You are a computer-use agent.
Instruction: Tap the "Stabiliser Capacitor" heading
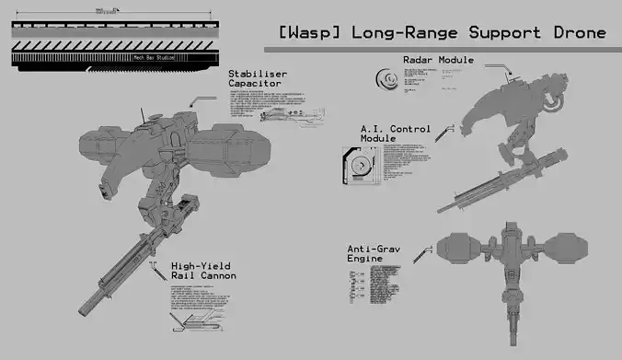point(258,79)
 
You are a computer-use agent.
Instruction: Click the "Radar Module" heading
point(438,61)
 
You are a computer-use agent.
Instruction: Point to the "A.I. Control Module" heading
point(395,133)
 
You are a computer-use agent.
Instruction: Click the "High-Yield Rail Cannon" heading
point(203,271)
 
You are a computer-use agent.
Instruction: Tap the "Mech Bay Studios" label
point(155,56)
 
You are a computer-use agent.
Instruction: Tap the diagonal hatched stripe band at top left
point(110,43)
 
